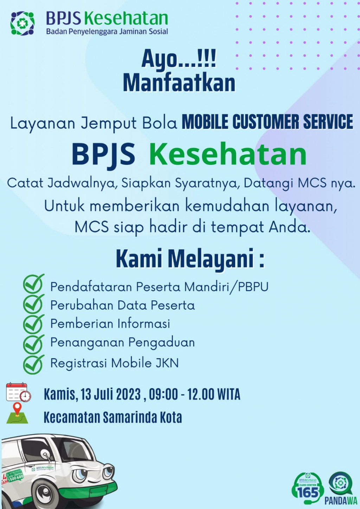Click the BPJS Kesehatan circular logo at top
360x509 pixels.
click(x=22, y=23)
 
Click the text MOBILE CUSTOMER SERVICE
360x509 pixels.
click(x=268, y=122)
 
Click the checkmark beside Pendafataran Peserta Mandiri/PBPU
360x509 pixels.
click(x=33, y=284)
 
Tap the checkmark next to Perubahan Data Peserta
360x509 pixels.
click(x=33, y=304)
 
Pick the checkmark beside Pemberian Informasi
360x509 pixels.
click(x=33, y=324)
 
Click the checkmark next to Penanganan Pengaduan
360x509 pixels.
click(x=33, y=345)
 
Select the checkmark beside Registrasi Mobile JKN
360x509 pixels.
click(x=33, y=365)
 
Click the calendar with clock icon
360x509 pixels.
click(x=18, y=392)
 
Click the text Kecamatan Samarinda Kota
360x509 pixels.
click(x=113, y=417)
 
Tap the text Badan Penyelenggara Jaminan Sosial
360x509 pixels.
click(x=107, y=31)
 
